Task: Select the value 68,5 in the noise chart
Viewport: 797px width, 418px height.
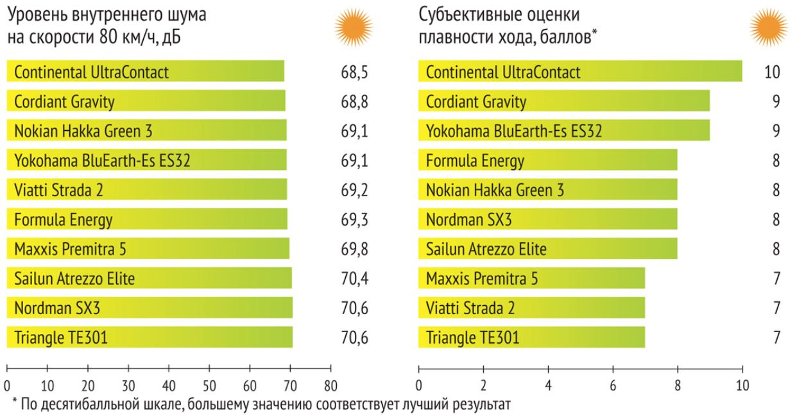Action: point(354,72)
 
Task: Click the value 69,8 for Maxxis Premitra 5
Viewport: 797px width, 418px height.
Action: point(354,247)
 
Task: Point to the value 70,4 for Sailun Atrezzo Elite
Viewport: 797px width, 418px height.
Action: point(354,278)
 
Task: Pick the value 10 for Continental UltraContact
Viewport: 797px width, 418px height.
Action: point(772,72)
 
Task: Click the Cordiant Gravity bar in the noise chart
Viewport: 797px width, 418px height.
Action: point(146,101)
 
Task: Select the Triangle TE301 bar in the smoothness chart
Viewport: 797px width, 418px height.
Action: point(531,337)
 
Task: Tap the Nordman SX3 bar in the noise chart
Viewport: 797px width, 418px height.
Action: point(150,308)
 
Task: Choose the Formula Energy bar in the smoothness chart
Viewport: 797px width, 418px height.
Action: point(547,160)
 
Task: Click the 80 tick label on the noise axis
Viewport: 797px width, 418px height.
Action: point(330,387)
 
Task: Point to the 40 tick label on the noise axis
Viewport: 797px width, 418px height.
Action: point(168,387)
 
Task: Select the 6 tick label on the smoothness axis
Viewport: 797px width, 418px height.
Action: point(613,387)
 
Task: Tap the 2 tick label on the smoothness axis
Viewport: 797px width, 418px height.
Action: point(483,387)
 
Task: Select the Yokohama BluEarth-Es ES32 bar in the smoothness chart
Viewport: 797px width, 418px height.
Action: point(563,131)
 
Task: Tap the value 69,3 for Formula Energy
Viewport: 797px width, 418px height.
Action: point(354,219)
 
